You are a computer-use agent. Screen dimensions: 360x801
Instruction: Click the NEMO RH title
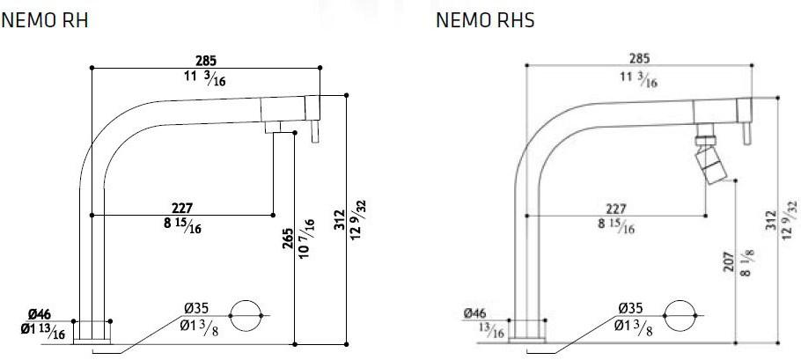tap(45, 20)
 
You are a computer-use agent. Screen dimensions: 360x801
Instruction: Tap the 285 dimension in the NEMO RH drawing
tap(204, 61)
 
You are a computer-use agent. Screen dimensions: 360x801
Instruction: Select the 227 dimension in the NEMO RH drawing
tap(182, 209)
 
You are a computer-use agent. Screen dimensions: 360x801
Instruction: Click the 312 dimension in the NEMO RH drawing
tap(339, 221)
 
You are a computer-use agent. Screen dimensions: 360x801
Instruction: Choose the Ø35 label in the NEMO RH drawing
tap(196, 307)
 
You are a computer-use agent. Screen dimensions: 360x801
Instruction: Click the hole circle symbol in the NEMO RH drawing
tap(246, 314)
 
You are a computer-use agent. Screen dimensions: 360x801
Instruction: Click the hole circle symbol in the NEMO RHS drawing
tap(680, 314)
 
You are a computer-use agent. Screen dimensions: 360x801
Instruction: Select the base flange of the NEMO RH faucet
tap(92, 332)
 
